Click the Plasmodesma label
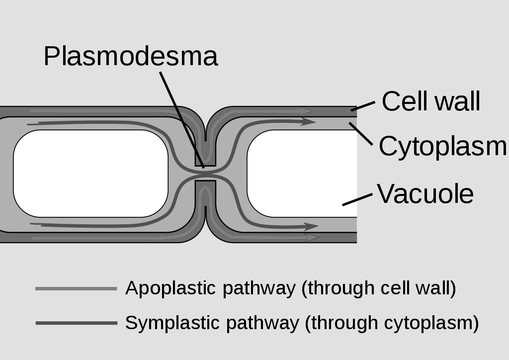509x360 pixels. point(130,57)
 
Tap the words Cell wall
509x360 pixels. point(430,101)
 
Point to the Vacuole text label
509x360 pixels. point(425,193)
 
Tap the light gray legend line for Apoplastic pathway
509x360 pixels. point(76,288)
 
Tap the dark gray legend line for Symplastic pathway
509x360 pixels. point(76,323)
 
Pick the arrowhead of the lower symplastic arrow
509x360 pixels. point(312,227)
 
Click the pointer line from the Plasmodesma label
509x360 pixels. point(181,119)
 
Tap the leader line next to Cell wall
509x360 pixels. point(363,105)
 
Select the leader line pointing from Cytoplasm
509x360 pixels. point(361,133)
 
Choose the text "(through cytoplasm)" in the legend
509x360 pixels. point(392,323)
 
